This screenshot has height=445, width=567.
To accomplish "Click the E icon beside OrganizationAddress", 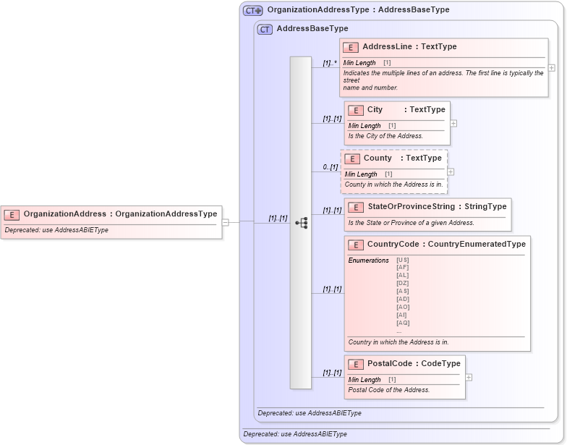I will click(12, 214).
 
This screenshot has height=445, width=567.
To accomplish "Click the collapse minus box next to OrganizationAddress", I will click(225, 222).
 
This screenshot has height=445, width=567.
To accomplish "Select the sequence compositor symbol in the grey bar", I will click(302, 222).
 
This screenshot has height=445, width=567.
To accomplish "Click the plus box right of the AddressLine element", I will click(552, 68).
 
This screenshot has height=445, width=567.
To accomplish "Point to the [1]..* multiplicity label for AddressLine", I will click(330, 63).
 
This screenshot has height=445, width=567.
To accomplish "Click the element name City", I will click(375, 110).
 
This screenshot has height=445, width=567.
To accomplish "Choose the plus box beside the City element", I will click(453, 123).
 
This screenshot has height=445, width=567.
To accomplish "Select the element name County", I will click(378, 158).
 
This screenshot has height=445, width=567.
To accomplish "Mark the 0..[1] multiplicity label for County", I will click(331, 167).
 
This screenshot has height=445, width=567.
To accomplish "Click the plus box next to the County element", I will click(451, 172).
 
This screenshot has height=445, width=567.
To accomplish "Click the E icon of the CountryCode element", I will click(356, 245).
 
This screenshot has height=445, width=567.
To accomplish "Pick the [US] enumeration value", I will click(402, 260).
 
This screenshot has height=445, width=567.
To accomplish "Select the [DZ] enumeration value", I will click(402, 282).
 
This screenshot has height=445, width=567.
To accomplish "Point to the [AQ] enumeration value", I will click(403, 323).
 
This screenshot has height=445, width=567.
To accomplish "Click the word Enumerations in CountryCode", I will click(368, 260).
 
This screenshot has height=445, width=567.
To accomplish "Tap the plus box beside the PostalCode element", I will click(469, 377).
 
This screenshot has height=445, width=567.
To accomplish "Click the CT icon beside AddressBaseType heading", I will click(265, 29).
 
